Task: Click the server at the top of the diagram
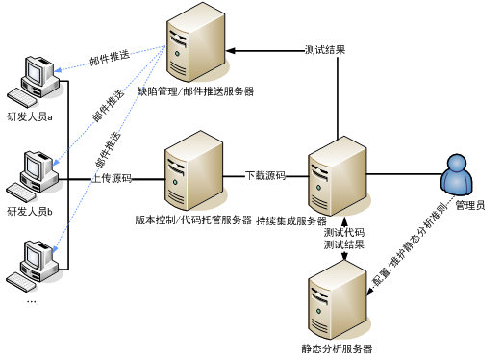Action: pos(196,43)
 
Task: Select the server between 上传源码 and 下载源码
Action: pos(195,171)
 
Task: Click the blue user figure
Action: pos(456,175)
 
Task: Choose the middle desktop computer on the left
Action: pos(36,174)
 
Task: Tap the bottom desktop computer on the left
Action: pos(36,265)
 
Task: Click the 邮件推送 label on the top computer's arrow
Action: pos(109,59)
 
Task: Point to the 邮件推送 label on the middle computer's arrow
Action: pos(108,106)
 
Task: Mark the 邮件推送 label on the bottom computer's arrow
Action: pos(110,148)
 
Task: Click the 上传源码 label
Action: pos(112,179)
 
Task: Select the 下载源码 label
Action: pos(264,176)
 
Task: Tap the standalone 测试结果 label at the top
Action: pos(325,50)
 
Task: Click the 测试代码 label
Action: pos(343,233)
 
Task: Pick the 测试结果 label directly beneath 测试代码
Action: pos(343,245)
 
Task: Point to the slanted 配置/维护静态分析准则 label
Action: pos(411,244)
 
